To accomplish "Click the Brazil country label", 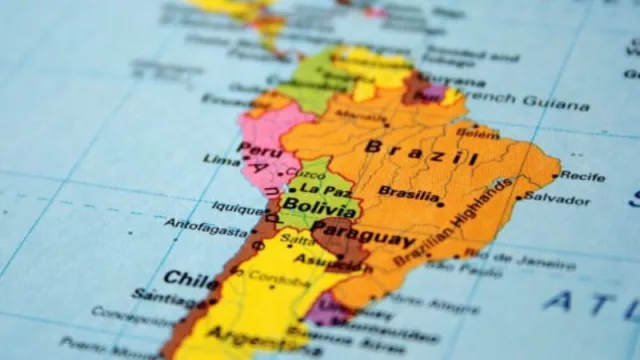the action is click(420, 152).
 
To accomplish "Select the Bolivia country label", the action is click(318, 210).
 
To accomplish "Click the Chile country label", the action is click(191, 278).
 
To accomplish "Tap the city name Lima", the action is click(221, 159).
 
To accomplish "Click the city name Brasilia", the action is click(408, 192).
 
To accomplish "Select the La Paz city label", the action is click(325, 189).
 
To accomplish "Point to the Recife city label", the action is click(582, 176).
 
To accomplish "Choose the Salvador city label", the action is click(557, 198).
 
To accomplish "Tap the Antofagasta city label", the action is click(205, 227).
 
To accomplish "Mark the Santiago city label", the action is click(163, 297).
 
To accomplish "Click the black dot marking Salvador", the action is click(520, 196).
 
